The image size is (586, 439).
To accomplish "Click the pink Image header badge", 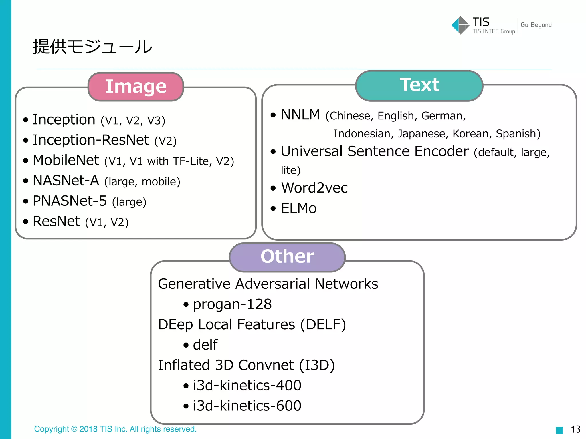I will [136, 87].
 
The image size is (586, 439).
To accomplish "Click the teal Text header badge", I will [419, 85].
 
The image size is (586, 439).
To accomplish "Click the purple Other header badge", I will [287, 256].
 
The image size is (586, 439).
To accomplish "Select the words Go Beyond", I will [536, 25].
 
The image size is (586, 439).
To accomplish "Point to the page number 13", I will [575, 429].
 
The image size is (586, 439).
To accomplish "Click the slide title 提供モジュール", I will [92, 47].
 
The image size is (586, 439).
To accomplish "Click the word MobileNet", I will [66, 160].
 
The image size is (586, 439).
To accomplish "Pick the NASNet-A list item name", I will [66, 181].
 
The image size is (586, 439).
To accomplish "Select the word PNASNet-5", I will [70, 201].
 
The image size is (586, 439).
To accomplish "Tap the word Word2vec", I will [314, 188].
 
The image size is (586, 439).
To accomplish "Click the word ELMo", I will [298, 208].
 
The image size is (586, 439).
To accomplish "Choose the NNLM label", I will [300, 115].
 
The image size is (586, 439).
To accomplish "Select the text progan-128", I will [232, 304].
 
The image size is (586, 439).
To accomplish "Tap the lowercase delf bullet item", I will [205, 345].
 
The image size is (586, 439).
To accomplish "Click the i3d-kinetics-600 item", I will [247, 406].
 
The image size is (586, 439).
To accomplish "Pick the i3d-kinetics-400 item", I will [247, 385].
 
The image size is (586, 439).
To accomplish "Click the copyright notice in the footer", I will [115, 429].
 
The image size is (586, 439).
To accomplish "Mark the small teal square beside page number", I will [559, 430].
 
